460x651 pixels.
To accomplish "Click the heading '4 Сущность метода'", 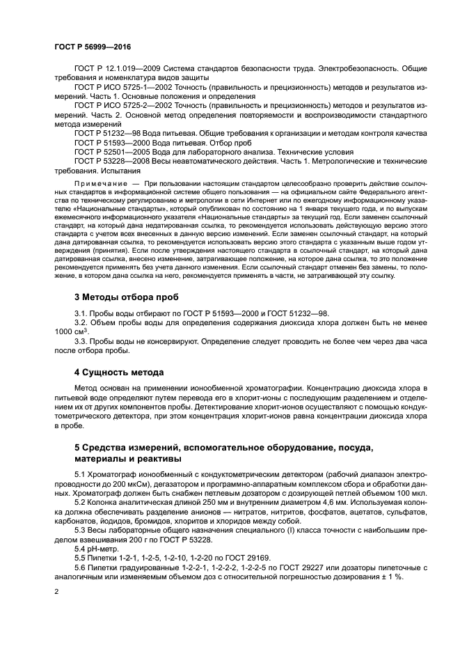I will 119,372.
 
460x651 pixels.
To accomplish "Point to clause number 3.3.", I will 82,342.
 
